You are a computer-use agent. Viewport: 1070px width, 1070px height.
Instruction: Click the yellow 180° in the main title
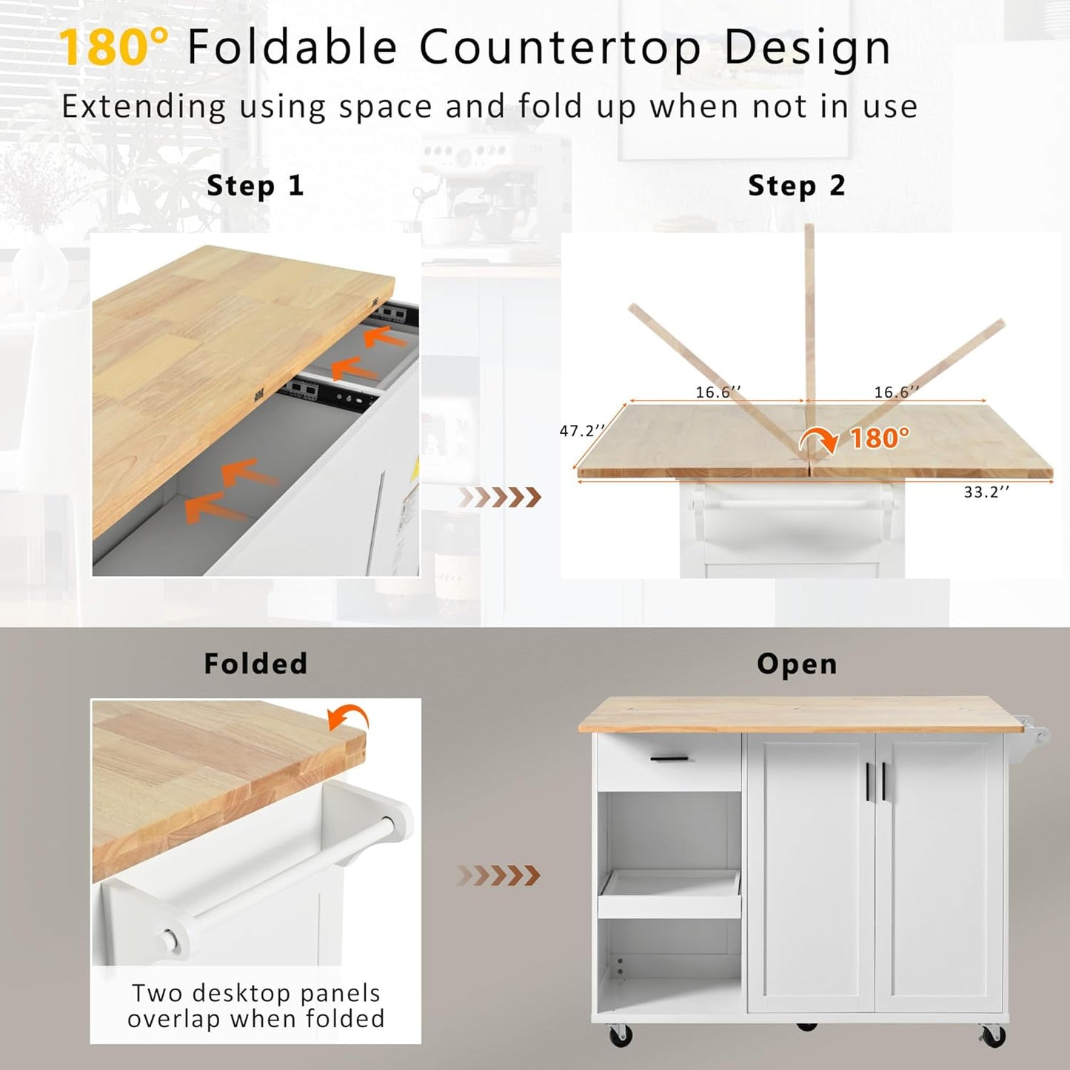click(113, 47)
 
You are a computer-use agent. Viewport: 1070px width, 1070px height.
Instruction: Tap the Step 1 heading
click(255, 186)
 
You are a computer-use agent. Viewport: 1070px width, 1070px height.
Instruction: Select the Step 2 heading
click(796, 186)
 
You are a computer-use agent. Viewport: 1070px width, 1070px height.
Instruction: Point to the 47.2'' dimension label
click(582, 430)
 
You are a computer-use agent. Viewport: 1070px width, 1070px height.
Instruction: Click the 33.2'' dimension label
click(986, 492)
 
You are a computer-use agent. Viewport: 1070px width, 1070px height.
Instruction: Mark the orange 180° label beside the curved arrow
click(879, 438)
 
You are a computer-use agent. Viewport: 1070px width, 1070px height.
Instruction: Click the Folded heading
click(255, 663)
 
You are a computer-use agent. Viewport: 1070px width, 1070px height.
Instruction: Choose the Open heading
click(797, 664)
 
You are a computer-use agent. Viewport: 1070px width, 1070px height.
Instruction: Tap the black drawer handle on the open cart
click(669, 759)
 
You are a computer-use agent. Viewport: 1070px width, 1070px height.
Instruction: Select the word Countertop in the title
click(560, 47)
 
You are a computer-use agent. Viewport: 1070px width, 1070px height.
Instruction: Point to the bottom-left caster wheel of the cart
click(620, 1035)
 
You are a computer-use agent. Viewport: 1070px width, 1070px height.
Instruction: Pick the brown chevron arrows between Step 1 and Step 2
click(501, 498)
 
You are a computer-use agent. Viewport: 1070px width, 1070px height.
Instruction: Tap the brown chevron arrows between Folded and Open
click(499, 875)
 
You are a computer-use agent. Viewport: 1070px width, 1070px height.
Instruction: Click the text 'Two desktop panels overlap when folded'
click(255, 1006)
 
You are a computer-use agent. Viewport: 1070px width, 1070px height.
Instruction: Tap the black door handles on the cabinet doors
click(875, 781)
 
